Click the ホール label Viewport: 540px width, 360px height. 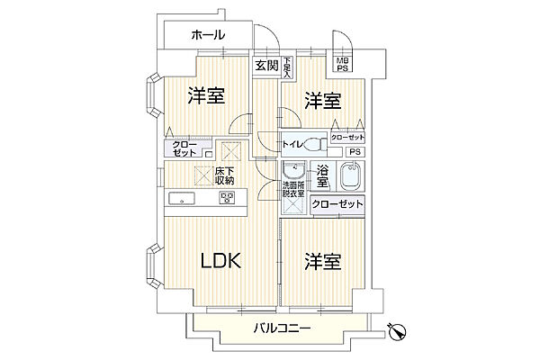click(x=207, y=35)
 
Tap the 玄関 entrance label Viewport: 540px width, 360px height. click(x=265, y=65)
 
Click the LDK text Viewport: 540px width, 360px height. click(x=220, y=262)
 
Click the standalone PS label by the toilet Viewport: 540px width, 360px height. click(x=354, y=152)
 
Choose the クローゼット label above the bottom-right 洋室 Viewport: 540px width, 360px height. click(x=338, y=206)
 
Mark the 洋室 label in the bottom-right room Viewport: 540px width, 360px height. click(x=323, y=262)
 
